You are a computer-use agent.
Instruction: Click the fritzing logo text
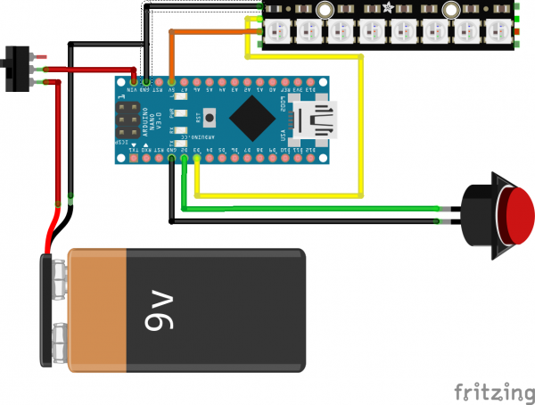coord(488,392)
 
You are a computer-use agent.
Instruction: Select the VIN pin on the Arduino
coord(133,80)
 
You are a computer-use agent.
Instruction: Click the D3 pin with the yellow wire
coord(196,161)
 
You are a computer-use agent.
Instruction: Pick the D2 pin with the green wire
coord(184,161)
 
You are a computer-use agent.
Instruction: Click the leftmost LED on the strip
coord(274,31)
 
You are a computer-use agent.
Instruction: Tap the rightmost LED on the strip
coord(496,31)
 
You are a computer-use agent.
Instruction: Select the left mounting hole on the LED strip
coord(324,10)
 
